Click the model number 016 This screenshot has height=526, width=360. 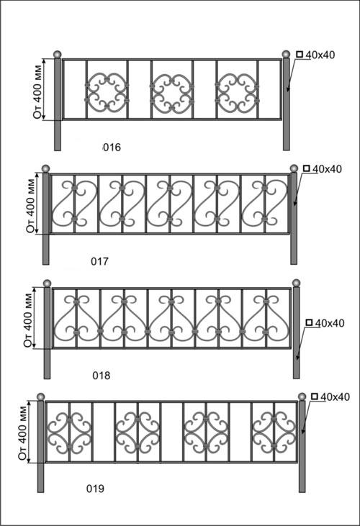click(x=112, y=148)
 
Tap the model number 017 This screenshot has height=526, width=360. click(x=99, y=261)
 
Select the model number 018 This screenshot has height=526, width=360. click(x=101, y=376)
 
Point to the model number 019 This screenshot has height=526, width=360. click(x=95, y=489)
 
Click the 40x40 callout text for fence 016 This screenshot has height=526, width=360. click(x=320, y=55)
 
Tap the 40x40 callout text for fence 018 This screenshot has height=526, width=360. click(x=330, y=323)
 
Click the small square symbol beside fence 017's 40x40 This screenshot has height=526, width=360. click(x=306, y=168)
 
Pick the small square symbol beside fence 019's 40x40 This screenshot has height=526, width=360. click(x=315, y=396)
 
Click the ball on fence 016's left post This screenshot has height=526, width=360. click(x=58, y=55)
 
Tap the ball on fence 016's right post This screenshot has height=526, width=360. click(x=286, y=55)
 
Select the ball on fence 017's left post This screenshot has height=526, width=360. click(x=45, y=168)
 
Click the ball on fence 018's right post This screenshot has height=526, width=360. click(x=296, y=283)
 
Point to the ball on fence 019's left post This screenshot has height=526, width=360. click(x=40, y=396)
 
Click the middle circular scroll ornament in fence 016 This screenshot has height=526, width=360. click(x=172, y=93)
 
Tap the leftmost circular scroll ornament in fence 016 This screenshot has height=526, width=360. click(x=107, y=92)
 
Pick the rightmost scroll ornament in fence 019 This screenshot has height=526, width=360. click(x=274, y=432)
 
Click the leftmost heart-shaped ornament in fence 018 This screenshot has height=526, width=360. click(x=77, y=317)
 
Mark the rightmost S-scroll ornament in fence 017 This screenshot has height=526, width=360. click(x=265, y=204)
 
